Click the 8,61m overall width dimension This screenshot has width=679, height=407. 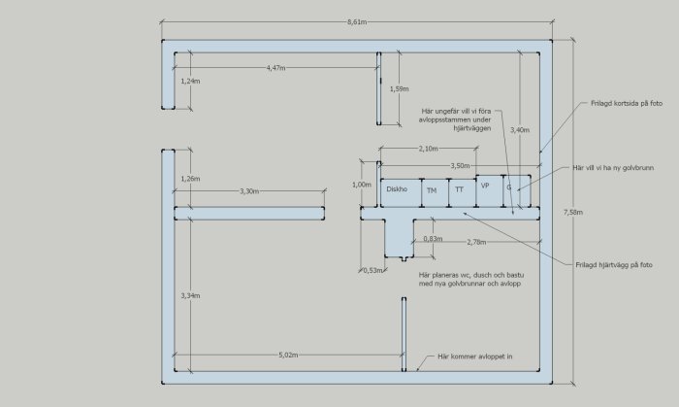click(357, 21)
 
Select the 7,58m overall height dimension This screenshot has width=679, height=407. click(573, 212)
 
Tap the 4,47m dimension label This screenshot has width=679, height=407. click(275, 68)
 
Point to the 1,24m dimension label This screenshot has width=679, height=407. click(190, 81)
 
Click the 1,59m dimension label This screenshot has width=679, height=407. click(399, 88)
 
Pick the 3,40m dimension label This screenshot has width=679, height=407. click(520, 129)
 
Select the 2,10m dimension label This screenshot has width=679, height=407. click(429, 149)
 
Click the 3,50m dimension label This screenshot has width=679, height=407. click(461, 165)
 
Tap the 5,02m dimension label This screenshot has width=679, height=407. click(288, 355)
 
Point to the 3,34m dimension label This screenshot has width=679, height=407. click(190, 295)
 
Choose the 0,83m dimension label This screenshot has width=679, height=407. click(433, 239)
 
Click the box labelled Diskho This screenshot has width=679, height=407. click(401, 192)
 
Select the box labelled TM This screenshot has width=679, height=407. click(436, 192)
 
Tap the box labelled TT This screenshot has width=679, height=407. click(463, 192)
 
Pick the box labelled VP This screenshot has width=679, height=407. click(490, 190)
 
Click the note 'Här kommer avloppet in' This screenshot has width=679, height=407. click(475, 356)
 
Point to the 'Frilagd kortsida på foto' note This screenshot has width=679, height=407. click(627, 103)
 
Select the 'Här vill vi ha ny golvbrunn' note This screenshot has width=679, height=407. click(613, 168)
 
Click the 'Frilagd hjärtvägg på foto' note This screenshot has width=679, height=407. click(614, 265)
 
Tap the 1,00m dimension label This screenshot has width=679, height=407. click(362, 185)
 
